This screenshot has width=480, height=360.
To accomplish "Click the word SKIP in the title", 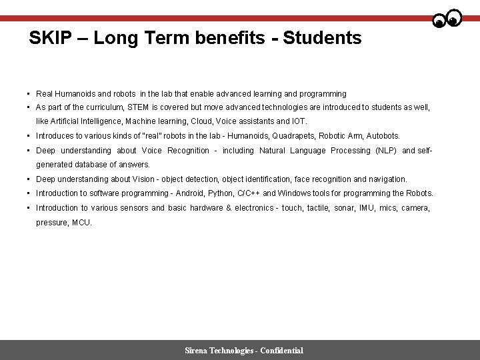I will click(51, 38).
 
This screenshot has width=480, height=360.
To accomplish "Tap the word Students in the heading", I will click(322, 38).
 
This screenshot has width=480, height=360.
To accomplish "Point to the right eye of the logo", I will click(454, 19).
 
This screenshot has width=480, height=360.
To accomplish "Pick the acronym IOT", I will click(298, 121).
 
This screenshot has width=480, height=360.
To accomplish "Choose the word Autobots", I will click(383, 136).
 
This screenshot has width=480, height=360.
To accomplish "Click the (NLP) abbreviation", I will click(386, 151).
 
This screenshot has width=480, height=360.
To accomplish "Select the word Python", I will click(221, 193).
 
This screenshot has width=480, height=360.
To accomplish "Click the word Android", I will click(189, 193).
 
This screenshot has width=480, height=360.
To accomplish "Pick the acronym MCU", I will click(81, 223).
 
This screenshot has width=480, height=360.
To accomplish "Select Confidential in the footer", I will click(282, 351).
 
